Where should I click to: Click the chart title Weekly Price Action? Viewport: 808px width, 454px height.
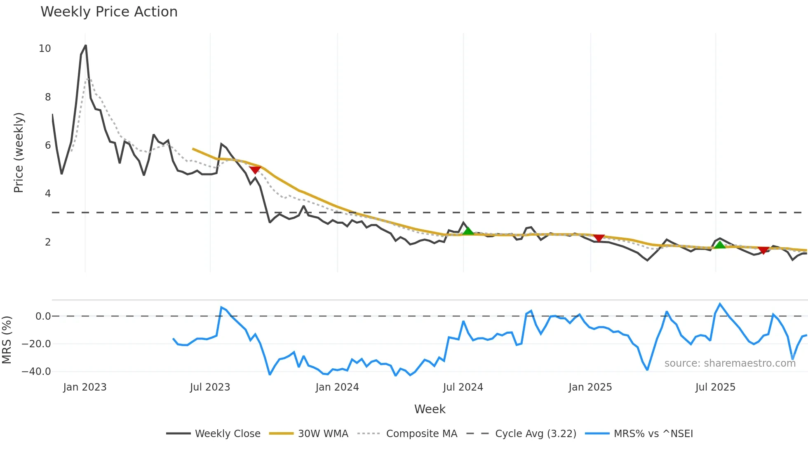[109, 12]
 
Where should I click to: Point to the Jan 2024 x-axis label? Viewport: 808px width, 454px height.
[337, 387]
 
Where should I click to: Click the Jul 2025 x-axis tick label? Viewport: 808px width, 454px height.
[715, 387]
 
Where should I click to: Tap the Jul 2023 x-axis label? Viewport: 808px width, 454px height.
[210, 387]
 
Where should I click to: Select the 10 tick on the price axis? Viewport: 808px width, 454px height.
[45, 49]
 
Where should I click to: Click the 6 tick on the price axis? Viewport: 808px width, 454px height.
[48, 145]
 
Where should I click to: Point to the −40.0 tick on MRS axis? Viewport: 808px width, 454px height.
[36, 372]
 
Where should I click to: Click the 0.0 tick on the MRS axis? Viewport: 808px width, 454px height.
[43, 316]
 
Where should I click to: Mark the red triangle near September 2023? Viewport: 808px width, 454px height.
[255, 170]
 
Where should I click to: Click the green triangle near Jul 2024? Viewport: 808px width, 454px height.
[468, 231]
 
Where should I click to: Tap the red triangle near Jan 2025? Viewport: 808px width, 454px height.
[599, 238]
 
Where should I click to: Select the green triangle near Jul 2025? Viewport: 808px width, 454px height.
[720, 245]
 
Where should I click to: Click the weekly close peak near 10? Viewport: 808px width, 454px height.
[85, 45]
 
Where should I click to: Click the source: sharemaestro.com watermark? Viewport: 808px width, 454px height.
[730, 363]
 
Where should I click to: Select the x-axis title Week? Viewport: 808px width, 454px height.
[430, 409]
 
